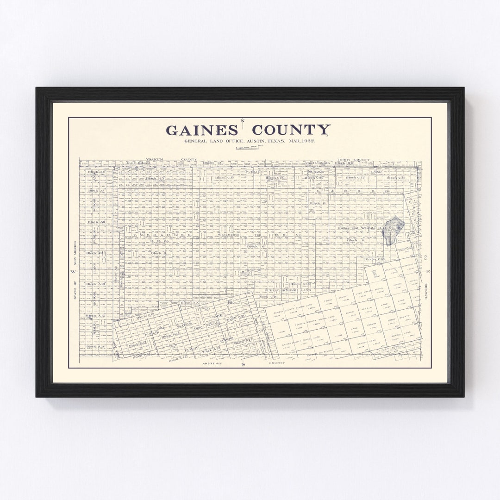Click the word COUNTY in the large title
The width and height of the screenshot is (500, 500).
coord(291,130)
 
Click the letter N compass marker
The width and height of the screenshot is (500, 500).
coord(242,121)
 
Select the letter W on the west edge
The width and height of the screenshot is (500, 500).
coord(73,272)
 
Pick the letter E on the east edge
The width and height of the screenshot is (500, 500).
coord(428,272)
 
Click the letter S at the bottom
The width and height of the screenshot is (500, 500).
coord(243,365)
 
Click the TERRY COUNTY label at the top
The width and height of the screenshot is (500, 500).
coord(353,160)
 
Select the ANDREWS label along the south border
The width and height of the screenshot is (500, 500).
coord(213,363)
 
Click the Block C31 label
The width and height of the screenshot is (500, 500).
coord(395,178)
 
